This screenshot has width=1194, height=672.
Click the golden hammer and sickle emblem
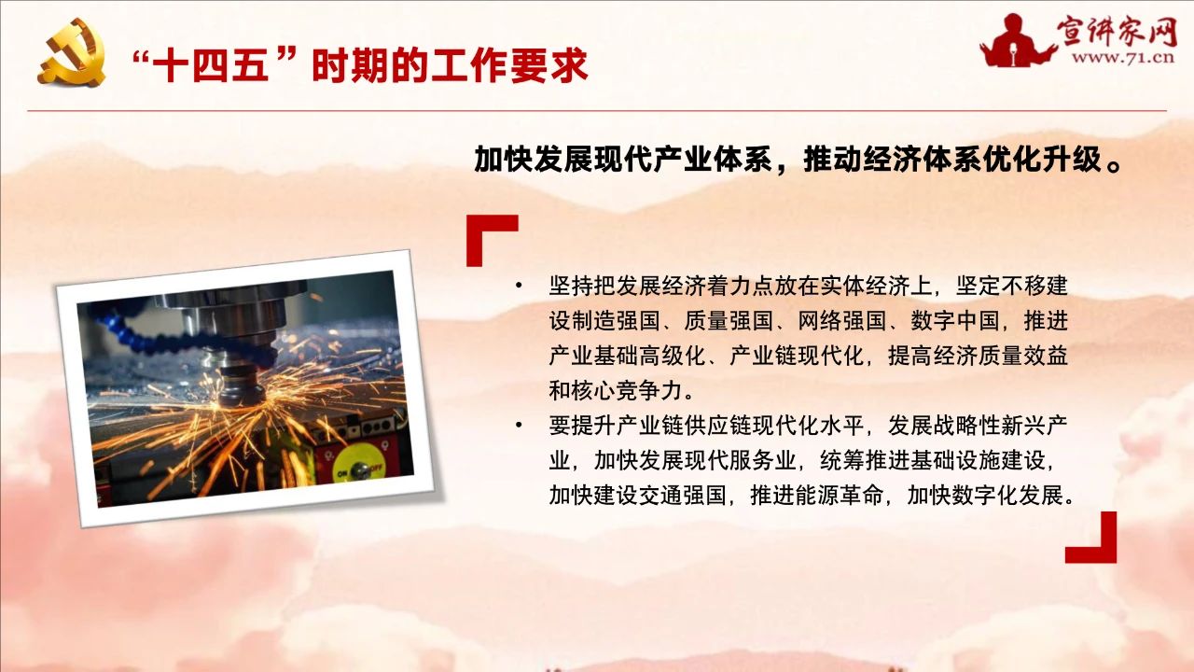coord(72,53)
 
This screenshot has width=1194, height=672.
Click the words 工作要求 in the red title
coord(509,66)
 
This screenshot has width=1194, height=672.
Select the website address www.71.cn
coord(1123,58)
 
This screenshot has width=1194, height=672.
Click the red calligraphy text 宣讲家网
coord(1117,31)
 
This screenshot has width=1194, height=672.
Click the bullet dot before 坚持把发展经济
coord(519,287)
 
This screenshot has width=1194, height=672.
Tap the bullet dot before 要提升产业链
coord(519,426)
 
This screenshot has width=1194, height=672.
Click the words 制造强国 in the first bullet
coord(615,321)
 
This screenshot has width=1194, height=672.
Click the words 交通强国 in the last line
coord(682,496)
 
